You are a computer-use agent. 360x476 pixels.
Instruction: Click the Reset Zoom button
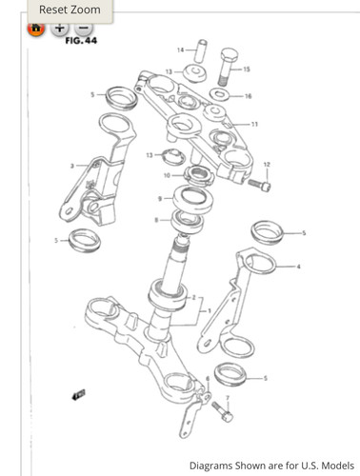pyautogui.click(x=70, y=10)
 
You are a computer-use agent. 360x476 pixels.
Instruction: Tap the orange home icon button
pyautogui.click(x=36, y=29)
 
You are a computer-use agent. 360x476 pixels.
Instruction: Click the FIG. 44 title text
pyautogui.click(x=81, y=41)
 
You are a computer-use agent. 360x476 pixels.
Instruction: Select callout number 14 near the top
pyautogui.click(x=181, y=50)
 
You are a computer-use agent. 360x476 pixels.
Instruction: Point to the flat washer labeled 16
pyautogui.click(x=219, y=94)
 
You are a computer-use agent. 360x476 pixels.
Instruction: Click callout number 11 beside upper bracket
pyautogui.click(x=254, y=124)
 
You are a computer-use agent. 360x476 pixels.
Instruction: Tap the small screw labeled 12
pyautogui.click(x=260, y=185)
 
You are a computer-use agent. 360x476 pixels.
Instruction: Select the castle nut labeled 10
pyautogui.click(x=199, y=176)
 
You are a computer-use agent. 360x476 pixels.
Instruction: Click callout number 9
pyautogui.click(x=160, y=199)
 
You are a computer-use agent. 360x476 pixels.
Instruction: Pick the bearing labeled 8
pyautogui.click(x=188, y=221)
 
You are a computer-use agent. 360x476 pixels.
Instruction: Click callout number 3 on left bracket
pyautogui.click(x=72, y=166)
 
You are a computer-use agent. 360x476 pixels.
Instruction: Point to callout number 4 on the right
pyautogui.click(x=298, y=267)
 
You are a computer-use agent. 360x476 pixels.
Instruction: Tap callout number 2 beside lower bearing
pyautogui.click(x=193, y=298)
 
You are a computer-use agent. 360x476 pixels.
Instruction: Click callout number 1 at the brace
pyautogui.click(x=210, y=310)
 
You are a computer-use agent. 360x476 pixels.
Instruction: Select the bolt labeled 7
pyautogui.click(x=222, y=412)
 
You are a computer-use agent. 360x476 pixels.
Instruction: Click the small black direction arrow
pyautogui.click(x=78, y=395)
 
